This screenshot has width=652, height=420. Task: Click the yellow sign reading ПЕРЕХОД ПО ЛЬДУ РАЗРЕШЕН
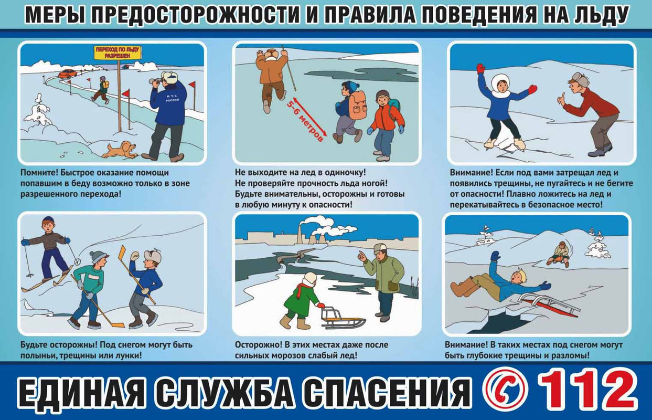coord(117,52)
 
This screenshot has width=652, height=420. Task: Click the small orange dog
coord(121,150)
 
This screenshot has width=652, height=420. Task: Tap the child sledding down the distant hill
coord(558,254)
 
